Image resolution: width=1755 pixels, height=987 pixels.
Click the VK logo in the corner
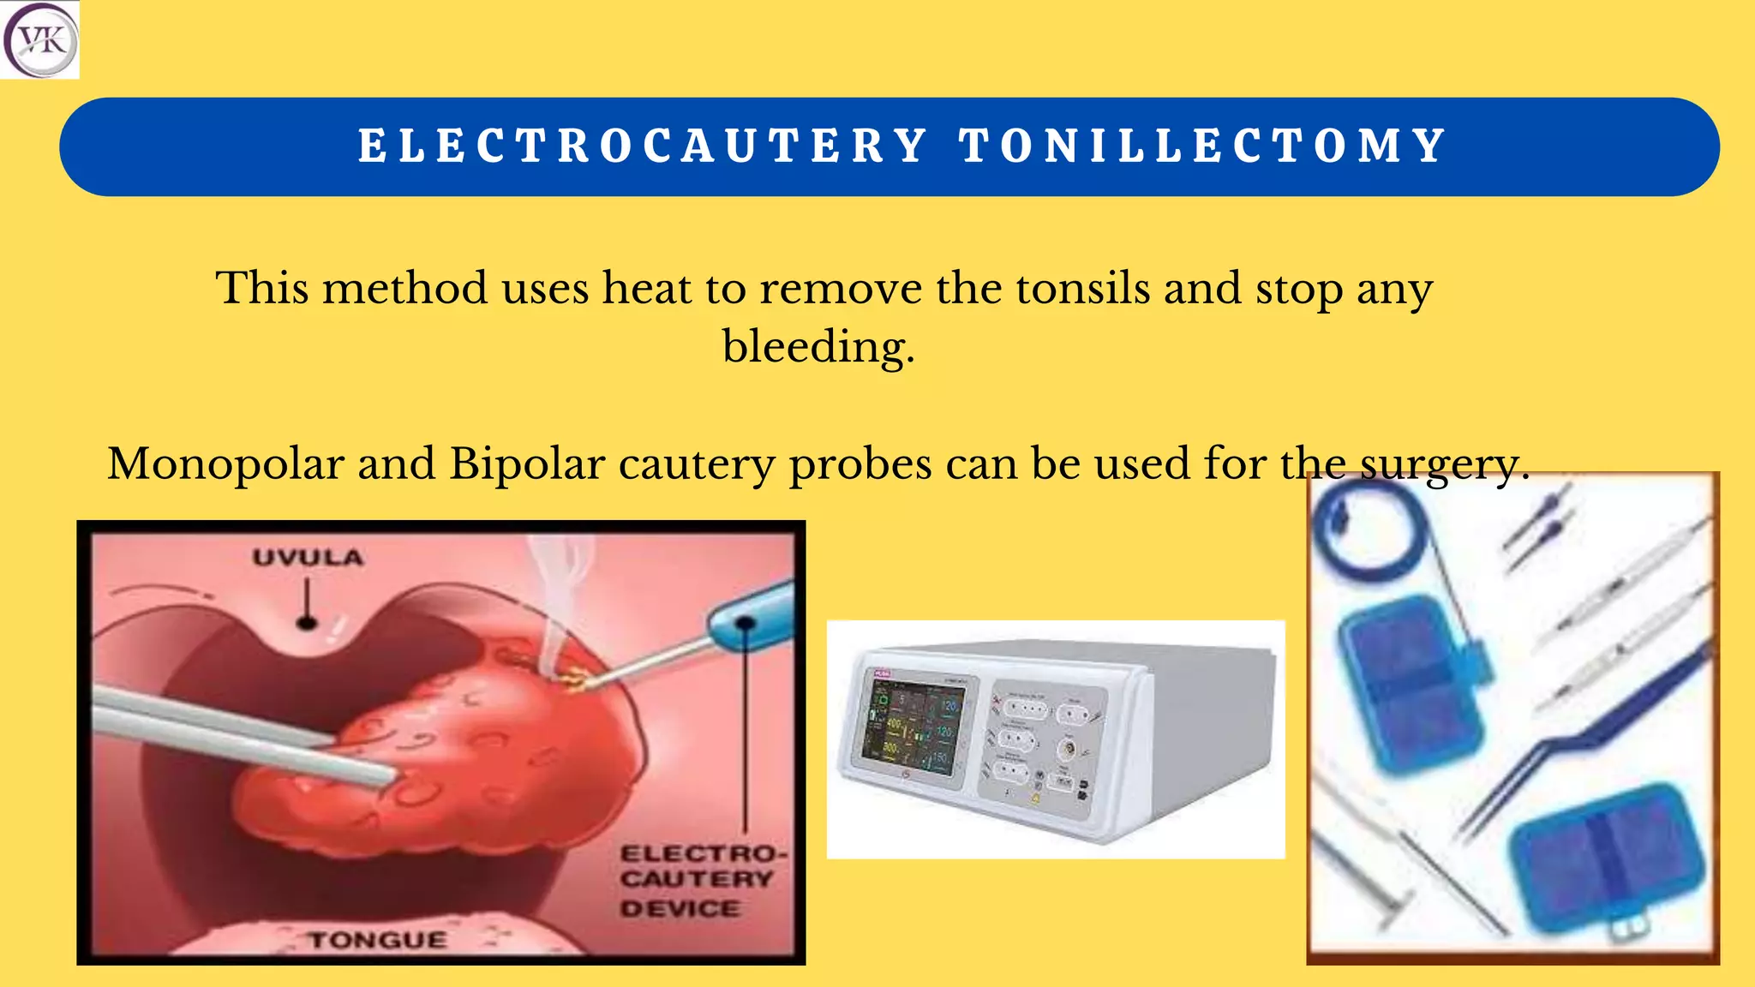[x=39, y=39]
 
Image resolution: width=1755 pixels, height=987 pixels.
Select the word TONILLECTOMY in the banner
[x=1203, y=146]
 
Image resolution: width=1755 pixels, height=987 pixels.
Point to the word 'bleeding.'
[x=818, y=347]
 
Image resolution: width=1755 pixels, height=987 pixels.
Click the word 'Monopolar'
[x=225, y=464]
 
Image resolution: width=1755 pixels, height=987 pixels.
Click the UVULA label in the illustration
[x=308, y=558]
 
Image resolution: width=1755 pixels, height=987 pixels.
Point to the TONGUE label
[x=378, y=940]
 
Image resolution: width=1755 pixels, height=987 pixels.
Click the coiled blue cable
[x=1371, y=531]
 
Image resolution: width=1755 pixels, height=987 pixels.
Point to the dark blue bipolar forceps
[x=1585, y=737]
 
